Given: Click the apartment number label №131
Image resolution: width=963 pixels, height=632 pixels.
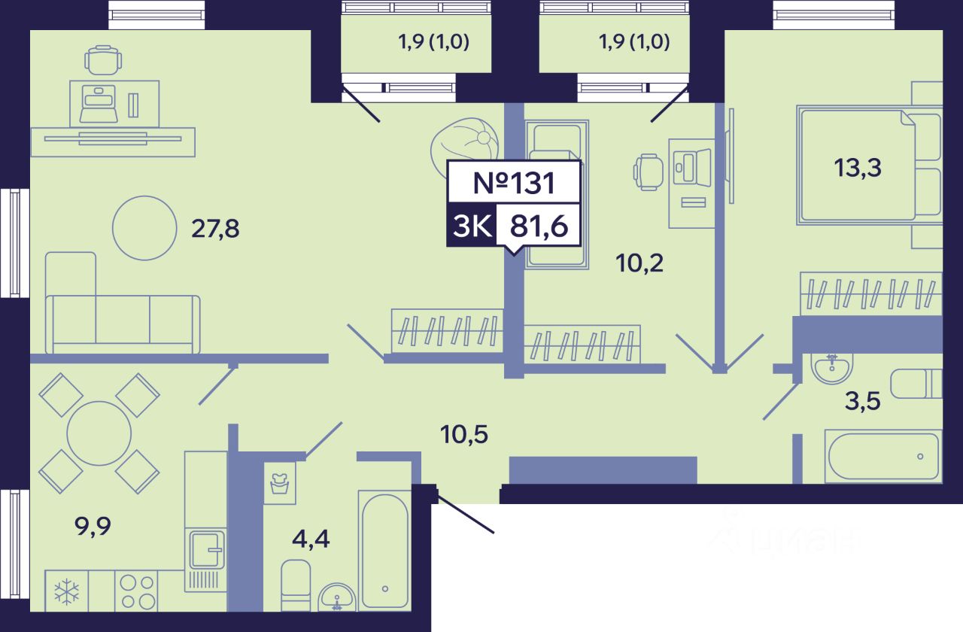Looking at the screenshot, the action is click(x=514, y=183).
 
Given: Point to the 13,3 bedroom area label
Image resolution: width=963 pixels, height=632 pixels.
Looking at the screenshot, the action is click(x=857, y=167).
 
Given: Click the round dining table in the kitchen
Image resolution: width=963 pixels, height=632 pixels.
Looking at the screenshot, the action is click(x=99, y=433).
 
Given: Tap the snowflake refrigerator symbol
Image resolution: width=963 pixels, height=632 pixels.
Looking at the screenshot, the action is click(x=66, y=592).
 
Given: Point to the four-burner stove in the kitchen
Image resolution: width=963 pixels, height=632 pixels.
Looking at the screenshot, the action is click(x=138, y=591).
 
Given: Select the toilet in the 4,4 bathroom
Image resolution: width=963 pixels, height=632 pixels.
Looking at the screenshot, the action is click(x=296, y=585).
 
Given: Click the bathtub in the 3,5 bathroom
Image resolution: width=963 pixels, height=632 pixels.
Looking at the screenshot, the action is click(x=882, y=457).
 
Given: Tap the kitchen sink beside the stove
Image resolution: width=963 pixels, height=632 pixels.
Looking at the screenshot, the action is click(x=205, y=549).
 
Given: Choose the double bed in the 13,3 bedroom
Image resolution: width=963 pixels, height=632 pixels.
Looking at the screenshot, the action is click(x=858, y=166).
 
